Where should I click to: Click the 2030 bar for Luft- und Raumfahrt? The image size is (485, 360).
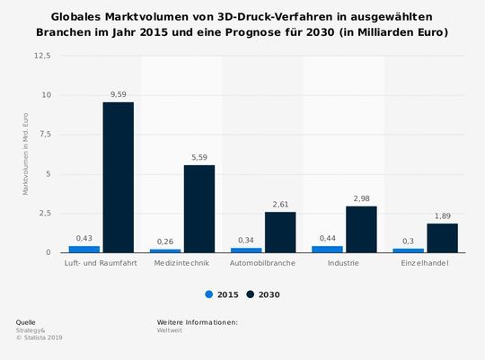click(x=118, y=177)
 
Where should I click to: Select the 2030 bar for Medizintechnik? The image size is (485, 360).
click(x=198, y=208)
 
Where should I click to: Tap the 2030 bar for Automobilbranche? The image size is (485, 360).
click(x=279, y=232)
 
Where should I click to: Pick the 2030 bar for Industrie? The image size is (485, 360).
click(x=361, y=229)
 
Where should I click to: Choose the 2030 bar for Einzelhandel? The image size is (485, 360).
click(x=442, y=238)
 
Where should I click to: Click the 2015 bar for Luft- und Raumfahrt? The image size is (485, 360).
click(x=84, y=249)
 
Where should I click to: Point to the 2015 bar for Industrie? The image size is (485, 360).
click(x=328, y=249)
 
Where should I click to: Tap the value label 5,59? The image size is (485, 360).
click(x=198, y=156)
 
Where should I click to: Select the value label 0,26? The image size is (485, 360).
click(x=165, y=241)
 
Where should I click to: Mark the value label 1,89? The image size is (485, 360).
click(x=442, y=215)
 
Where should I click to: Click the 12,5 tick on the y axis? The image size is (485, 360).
click(x=42, y=56)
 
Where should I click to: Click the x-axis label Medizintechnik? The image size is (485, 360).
click(x=182, y=263)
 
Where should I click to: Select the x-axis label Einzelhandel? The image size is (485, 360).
click(x=426, y=263)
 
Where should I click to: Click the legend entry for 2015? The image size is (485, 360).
click(x=221, y=294)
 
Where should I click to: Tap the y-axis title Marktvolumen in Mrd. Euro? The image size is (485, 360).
click(x=26, y=154)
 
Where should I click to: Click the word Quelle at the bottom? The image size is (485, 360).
click(x=26, y=321)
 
